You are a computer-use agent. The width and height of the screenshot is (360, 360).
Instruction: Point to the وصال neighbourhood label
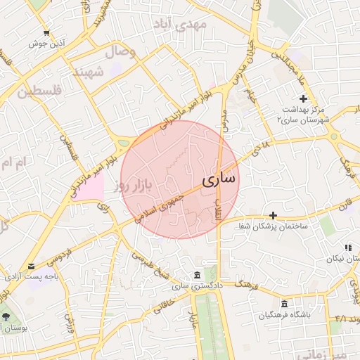click(120, 51)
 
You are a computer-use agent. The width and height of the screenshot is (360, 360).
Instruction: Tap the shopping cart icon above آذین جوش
click(46, 33)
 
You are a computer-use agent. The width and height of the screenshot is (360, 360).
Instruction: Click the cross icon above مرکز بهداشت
click(303, 98)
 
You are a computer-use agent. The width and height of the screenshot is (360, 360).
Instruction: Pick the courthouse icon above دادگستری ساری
click(196, 274)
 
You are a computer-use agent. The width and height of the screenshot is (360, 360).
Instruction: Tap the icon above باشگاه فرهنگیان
click(285, 304)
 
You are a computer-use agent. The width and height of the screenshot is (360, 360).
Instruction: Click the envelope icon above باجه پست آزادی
click(31, 266)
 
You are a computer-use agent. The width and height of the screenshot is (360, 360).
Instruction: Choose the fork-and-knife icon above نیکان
click(347, 247)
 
